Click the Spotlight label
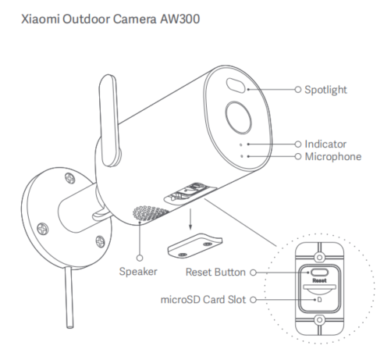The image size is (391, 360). click(325, 90)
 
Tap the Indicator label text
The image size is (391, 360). click(325, 144)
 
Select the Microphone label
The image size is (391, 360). click(333, 157)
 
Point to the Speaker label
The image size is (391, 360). click(138, 272)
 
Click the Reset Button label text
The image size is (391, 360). click(215, 273)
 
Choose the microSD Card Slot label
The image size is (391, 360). click(203, 300)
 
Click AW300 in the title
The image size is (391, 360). click(180, 19)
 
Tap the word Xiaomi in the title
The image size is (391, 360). click(41, 19)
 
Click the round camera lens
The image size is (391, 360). click(238, 117)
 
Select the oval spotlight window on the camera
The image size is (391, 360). click(236, 85)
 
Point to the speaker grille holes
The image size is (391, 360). click(150, 212)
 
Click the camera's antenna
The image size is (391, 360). click(110, 121)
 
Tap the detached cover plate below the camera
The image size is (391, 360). click(194, 245)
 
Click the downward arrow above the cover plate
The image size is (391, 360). click(190, 219)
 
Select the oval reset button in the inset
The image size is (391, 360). click(319, 273)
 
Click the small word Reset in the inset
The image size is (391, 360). click(319, 280)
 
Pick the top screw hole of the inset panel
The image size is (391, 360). click(320, 258)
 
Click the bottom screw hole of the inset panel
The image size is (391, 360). click(320, 320)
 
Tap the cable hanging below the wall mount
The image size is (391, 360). click(69, 298)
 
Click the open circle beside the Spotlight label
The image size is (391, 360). click(298, 90)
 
